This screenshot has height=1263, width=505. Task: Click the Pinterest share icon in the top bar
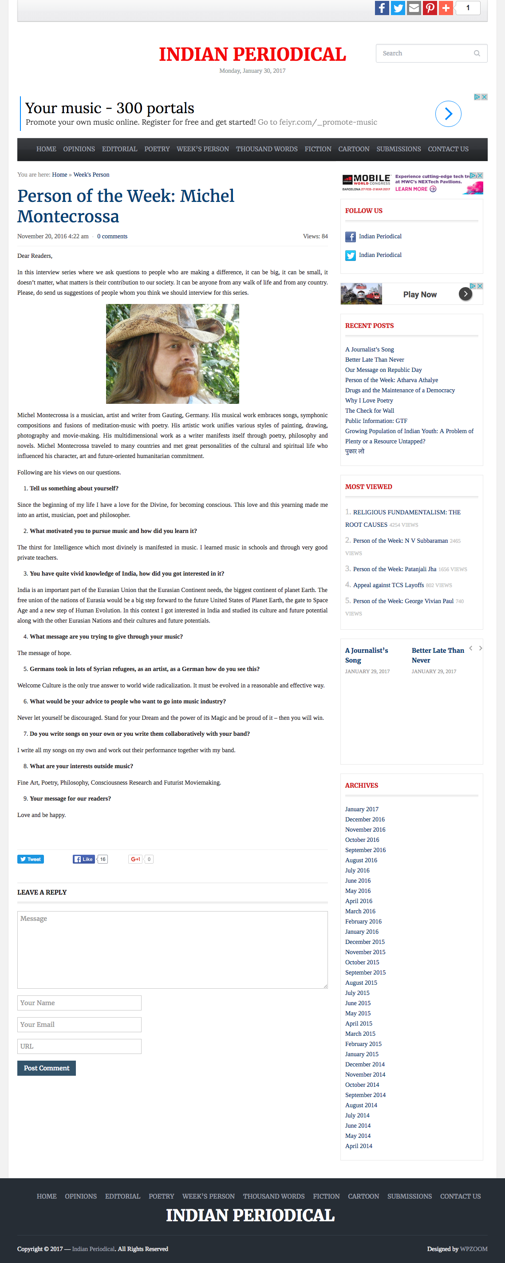[x=430, y=8]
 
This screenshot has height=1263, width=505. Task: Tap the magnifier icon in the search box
[x=477, y=53]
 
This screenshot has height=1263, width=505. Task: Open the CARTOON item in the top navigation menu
[x=354, y=149]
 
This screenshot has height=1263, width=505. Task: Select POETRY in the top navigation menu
[x=157, y=149]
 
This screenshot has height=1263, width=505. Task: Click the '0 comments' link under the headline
[x=112, y=237]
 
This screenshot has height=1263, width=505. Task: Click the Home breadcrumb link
[x=59, y=174]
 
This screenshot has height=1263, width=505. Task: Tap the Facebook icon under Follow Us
[x=350, y=237]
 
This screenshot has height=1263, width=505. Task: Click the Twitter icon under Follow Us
[x=350, y=256]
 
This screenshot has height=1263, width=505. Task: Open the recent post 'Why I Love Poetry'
[x=369, y=401]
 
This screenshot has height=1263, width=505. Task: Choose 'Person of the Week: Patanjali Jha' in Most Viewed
[x=394, y=569]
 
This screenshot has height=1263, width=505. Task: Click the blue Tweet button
[x=31, y=859]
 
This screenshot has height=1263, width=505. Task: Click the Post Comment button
[x=47, y=1068]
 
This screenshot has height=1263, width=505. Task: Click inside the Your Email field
[x=79, y=1024]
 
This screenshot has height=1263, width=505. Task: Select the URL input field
[x=79, y=1046]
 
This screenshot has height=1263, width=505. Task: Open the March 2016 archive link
[x=360, y=911]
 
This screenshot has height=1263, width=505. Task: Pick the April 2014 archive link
[x=359, y=1146]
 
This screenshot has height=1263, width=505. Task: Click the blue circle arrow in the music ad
[x=448, y=114]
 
